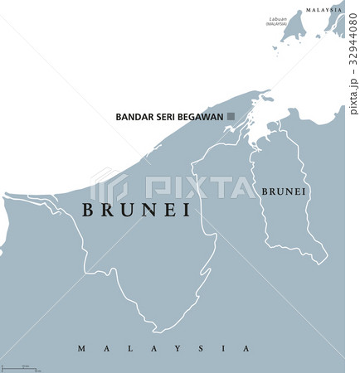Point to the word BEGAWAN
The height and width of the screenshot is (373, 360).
pos(204,117)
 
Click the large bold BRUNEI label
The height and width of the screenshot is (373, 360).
pos(136,211)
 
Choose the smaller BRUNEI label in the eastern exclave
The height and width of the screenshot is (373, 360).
pos(284,191)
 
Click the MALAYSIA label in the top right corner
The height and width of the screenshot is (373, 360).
pos(324,10)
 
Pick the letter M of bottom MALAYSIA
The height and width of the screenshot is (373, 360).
pos(81,349)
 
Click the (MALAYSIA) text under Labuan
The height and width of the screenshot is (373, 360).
pos(276,25)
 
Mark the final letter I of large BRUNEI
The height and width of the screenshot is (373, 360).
pos(186,211)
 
